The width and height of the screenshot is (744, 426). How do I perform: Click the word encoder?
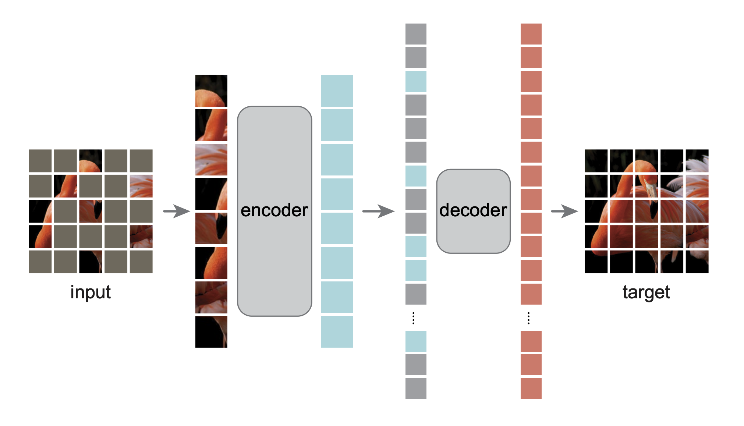click(x=274, y=210)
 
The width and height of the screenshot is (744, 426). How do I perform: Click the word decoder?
click(x=473, y=210)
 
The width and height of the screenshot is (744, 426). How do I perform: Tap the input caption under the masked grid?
click(x=91, y=292)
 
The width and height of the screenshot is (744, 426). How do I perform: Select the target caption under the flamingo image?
click(x=646, y=292)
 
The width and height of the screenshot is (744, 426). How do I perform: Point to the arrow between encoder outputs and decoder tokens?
click(x=378, y=211)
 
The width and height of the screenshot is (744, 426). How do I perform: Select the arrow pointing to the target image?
click(x=564, y=211)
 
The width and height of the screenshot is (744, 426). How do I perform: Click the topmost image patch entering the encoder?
click(x=211, y=90)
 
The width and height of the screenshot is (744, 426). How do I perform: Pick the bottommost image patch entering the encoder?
click(x=211, y=332)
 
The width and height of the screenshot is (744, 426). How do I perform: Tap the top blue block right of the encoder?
click(x=337, y=90)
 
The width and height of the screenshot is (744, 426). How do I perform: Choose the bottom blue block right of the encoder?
click(x=337, y=332)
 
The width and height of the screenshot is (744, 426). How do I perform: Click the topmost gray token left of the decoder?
click(x=416, y=34)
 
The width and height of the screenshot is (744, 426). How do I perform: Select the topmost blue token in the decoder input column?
click(x=416, y=81)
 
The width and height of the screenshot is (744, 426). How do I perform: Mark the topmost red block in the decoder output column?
click(x=531, y=34)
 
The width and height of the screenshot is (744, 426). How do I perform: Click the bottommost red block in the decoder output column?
click(x=531, y=388)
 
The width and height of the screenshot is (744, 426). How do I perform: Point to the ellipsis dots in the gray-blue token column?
click(x=414, y=318)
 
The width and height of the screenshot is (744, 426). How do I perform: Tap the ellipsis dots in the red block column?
click(x=529, y=318)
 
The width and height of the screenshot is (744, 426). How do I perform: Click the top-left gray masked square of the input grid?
click(x=40, y=161)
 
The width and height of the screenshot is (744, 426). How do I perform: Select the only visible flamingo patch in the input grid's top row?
click(x=91, y=161)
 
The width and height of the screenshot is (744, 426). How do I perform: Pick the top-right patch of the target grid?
click(x=697, y=161)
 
